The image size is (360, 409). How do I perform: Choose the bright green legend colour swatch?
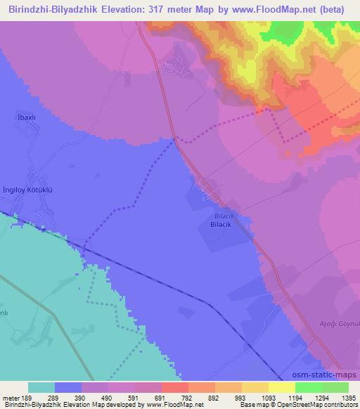pyautogui.click(x=308, y=387)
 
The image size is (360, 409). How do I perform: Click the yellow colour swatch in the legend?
pyautogui.click(x=281, y=387)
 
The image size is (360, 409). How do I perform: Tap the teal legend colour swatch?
pyautogui.click(x=41, y=387)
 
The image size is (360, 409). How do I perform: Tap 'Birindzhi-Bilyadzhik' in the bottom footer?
pyautogui.click(x=32, y=405)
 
